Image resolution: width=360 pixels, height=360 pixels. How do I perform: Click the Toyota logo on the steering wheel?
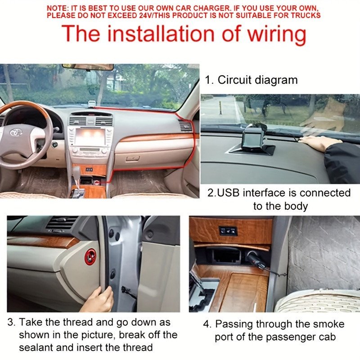tap(16, 132)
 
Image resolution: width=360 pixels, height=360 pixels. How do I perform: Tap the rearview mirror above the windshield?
tap(88, 67)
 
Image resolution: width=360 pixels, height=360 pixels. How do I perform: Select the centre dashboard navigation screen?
tap(90, 137)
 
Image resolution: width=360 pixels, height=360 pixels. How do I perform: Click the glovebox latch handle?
tap(132, 158)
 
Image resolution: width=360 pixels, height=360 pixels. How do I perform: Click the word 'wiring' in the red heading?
tap(276, 34)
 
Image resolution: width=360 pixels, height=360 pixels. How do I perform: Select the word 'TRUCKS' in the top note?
tap(306, 15)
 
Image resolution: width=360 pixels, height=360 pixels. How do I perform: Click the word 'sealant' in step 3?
tap(36, 347)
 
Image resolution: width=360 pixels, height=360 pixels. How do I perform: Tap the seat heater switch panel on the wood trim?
tap(228, 231)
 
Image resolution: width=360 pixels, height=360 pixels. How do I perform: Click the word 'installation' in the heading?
tap(161, 34)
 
